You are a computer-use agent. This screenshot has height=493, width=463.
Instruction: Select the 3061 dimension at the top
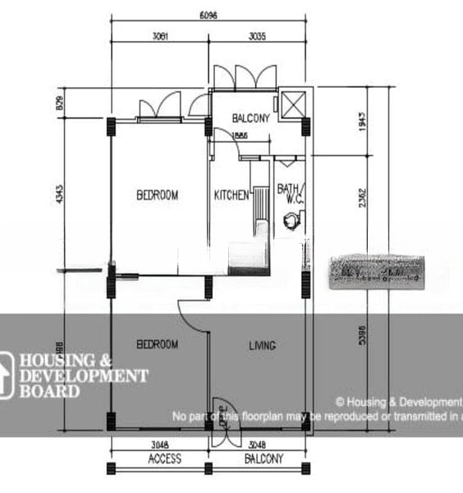click(160, 35)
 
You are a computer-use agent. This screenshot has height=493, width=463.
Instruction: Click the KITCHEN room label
click(231, 196)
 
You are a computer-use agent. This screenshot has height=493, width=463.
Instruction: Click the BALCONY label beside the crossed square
click(250, 118)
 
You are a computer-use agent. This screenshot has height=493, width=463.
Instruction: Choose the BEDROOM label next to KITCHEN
click(157, 196)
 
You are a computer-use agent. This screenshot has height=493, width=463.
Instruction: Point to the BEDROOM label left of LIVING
click(157, 345)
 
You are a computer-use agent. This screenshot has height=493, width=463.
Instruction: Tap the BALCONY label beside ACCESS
click(264, 458)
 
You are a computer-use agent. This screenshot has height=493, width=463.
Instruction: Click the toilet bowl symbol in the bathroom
click(291, 219)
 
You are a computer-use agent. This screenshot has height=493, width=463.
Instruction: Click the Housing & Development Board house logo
click(7, 376)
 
